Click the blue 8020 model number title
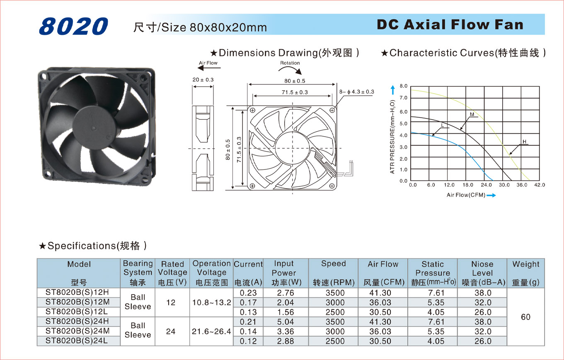point(73,26)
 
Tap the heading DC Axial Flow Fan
point(450,24)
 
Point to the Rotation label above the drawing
point(290,63)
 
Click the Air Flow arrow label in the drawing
point(208,63)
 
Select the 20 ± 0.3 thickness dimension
point(203,80)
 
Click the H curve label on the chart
point(524,142)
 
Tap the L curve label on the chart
point(443,125)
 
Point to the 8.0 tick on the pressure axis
point(403,87)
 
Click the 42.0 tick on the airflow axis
point(540,185)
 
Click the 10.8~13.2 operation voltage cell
point(211,302)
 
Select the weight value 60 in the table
point(525,317)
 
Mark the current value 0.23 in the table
point(248,293)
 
